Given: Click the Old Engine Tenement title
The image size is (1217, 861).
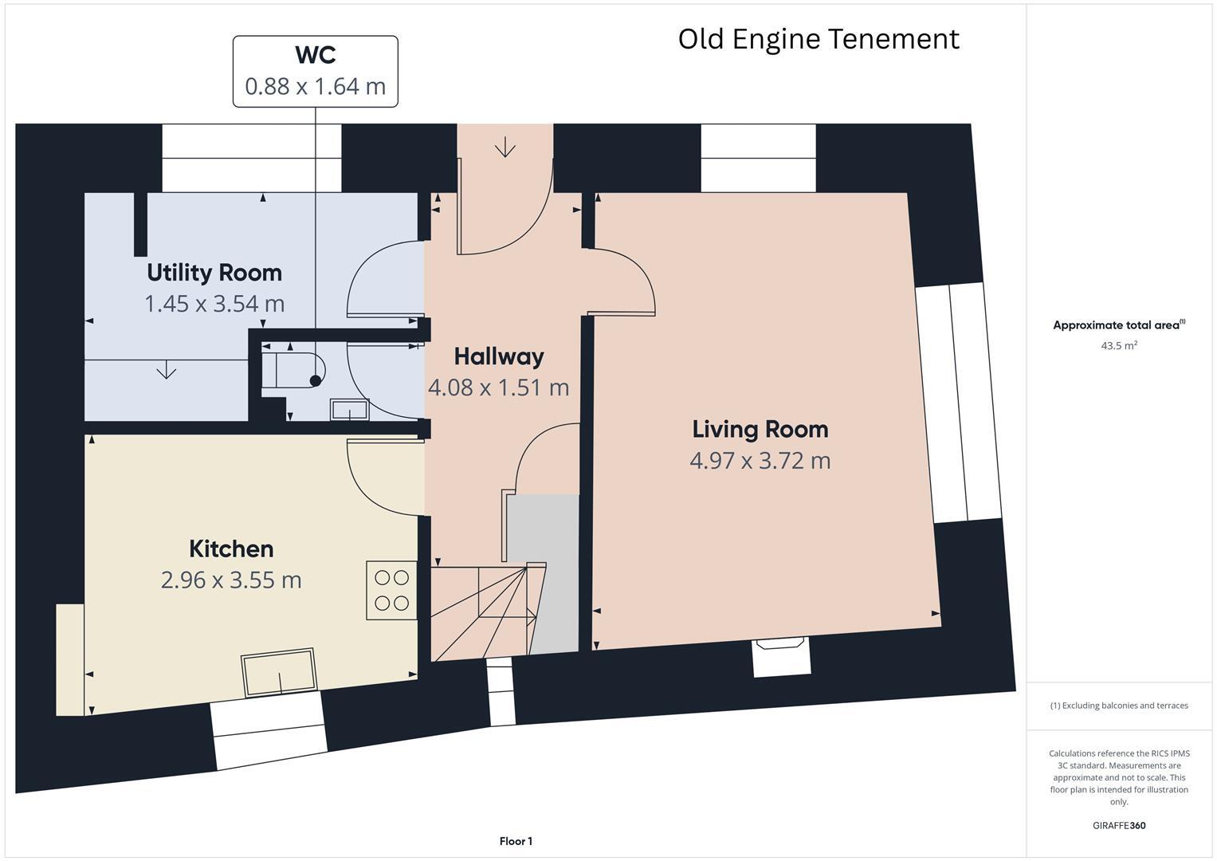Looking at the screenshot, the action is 819,40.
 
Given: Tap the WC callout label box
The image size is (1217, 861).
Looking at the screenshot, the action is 315,71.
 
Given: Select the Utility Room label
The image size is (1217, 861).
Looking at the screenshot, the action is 214,273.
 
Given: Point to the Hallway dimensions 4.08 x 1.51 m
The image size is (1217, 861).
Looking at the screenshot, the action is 498,387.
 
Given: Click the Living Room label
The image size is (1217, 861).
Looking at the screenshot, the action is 760,430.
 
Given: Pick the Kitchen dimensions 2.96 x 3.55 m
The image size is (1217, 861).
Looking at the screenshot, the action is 231,580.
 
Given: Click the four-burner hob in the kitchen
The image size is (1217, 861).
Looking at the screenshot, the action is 392,590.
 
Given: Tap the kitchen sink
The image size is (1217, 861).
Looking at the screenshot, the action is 279,672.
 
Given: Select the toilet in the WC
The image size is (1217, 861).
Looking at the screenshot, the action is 293,370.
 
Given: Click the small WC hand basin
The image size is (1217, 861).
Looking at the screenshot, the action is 350,409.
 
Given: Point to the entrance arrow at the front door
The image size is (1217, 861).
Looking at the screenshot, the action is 505,147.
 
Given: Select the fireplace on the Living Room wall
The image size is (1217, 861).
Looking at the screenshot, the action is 780,656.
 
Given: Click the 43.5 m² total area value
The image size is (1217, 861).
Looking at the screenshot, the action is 1119,345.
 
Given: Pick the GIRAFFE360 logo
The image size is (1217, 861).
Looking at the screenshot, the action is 1119,825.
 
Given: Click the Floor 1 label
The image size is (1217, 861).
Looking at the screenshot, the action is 516,841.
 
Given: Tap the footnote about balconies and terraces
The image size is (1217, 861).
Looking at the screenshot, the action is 1119,706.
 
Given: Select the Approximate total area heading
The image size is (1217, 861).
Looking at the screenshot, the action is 1119,325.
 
